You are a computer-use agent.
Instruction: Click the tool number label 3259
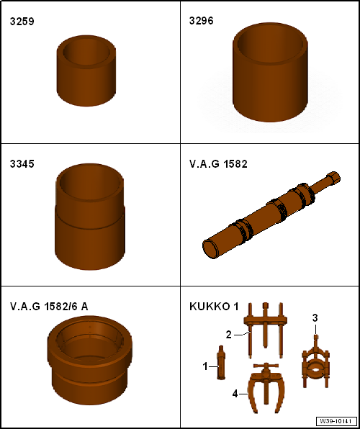click(x=22, y=22)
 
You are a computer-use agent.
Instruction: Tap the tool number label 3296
click(x=201, y=21)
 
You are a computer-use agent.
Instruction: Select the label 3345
click(x=22, y=164)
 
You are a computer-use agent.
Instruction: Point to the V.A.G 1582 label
click(x=218, y=164)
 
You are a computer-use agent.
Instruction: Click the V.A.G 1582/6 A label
click(x=49, y=307)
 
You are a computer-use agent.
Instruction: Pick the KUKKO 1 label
click(x=214, y=307)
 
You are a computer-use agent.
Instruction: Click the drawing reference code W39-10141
click(x=336, y=420)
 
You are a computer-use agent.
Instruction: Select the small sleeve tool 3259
click(x=86, y=71)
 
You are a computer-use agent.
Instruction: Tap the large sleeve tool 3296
click(x=270, y=72)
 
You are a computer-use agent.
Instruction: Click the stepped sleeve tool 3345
click(x=90, y=217)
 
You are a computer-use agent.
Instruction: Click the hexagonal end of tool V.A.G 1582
click(x=333, y=177)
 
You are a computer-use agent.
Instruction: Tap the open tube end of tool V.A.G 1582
click(x=210, y=248)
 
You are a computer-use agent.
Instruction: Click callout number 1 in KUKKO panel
click(x=205, y=366)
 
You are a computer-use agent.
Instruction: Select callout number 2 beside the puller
click(x=229, y=334)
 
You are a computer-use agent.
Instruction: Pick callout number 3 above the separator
click(x=315, y=318)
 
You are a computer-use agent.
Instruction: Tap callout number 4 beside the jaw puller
click(x=235, y=394)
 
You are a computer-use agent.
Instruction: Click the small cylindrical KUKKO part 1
click(x=220, y=362)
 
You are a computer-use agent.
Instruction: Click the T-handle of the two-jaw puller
click(x=266, y=366)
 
